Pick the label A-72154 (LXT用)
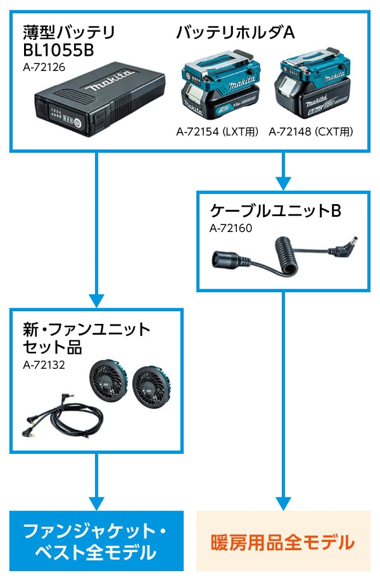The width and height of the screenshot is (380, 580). (x=218, y=132)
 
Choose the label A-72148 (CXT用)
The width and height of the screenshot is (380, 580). (x=311, y=132)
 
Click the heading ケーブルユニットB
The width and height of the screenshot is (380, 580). (x=275, y=210)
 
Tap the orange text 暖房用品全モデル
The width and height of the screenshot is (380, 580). (x=282, y=542)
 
